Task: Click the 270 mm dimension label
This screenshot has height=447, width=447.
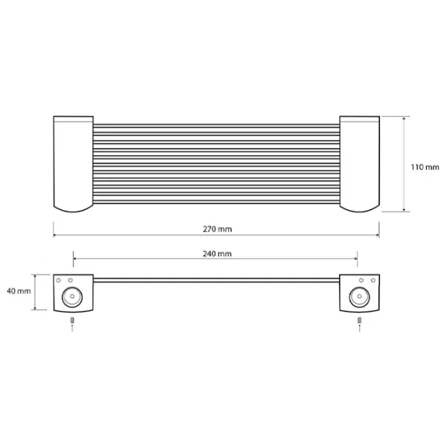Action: click(218, 229)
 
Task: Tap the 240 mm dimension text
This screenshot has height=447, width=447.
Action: click(218, 254)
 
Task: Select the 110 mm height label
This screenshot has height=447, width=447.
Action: click(425, 167)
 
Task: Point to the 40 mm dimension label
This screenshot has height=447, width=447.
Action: click(19, 291)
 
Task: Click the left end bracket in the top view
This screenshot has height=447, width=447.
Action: click(73, 164)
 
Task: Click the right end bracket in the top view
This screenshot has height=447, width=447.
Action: click(360, 164)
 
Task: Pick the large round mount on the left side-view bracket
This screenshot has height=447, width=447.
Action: click(72, 297)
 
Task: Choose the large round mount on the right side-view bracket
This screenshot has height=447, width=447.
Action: click(359, 297)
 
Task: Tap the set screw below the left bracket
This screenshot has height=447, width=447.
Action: click(72, 320)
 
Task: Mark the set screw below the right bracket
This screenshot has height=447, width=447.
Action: click(360, 320)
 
